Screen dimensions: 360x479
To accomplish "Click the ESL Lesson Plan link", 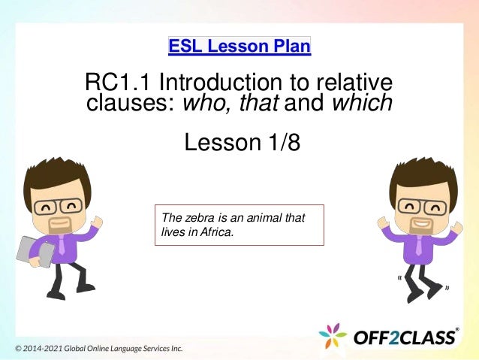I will (239, 47).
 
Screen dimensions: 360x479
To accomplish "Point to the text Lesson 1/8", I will (242, 141).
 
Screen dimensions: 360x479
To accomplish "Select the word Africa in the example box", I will (215, 231).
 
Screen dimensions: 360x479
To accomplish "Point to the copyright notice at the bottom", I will (98, 349).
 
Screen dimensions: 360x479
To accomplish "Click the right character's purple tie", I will (419, 243).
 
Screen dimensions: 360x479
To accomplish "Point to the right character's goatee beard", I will (421, 226).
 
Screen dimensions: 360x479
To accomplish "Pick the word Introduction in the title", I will (224, 82).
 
